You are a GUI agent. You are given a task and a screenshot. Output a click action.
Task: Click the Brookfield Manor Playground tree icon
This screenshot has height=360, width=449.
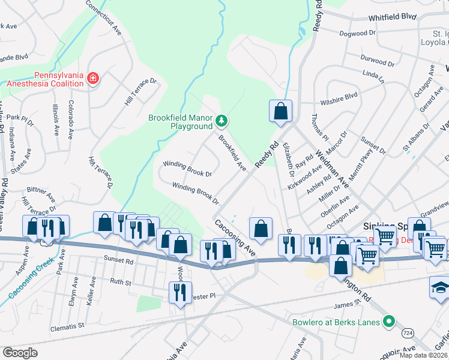(222, 122)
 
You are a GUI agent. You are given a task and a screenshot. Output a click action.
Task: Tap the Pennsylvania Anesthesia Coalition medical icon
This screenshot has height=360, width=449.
(92, 78)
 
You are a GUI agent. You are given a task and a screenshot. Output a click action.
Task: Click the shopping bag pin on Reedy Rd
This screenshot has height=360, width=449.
(280, 111)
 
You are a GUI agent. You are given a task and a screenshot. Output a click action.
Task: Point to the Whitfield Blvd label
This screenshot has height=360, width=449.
(393, 17)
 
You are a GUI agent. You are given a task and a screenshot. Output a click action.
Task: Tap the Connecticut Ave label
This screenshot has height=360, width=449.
(103, 17)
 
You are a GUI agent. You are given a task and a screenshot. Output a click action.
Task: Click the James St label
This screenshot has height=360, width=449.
(347, 306)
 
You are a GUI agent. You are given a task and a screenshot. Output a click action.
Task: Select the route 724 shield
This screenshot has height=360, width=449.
(408, 332)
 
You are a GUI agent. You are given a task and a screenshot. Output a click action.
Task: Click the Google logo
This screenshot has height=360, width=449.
(20, 352)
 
